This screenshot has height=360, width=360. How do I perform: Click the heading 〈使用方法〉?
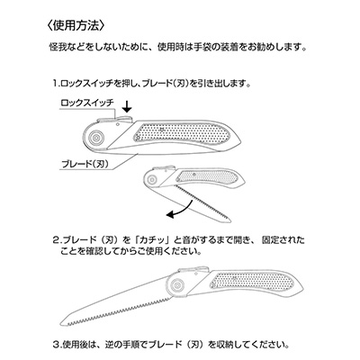pyautogui.click(x=76, y=25)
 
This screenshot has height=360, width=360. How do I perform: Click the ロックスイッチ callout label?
pyautogui.click(x=87, y=103)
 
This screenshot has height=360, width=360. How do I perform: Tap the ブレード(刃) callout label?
pyautogui.click(x=85, y=164)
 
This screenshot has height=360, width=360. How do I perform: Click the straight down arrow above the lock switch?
pyautogui.click(x=128, y=107)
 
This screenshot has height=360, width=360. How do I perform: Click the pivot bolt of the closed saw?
pyautogui.click(x=96, y=138)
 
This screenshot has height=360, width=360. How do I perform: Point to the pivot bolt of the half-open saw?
pyautogui.click(x=153, y=179)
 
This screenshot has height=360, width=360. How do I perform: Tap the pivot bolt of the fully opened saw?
pyautogui.click(x=176, y=284)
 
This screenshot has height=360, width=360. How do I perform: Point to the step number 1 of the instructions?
pyautogui.click(x=55, y=83)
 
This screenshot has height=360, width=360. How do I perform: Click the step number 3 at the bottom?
pyautogui.click(x=57, y=345)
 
